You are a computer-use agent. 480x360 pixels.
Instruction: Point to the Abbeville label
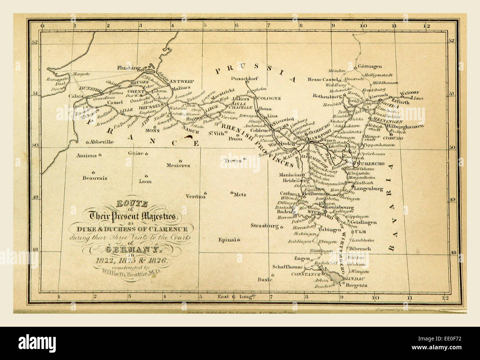click(x=102, y=142)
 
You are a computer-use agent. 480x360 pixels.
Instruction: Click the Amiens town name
click(x=86, y=155)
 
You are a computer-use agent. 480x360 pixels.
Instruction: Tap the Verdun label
click(x=195, y=196)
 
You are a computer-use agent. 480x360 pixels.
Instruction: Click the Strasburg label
click(x=264, y=225)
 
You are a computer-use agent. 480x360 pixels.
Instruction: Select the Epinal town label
click(x=227, y=240)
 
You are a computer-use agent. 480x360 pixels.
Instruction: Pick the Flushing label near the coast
click(x=129, y=68)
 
